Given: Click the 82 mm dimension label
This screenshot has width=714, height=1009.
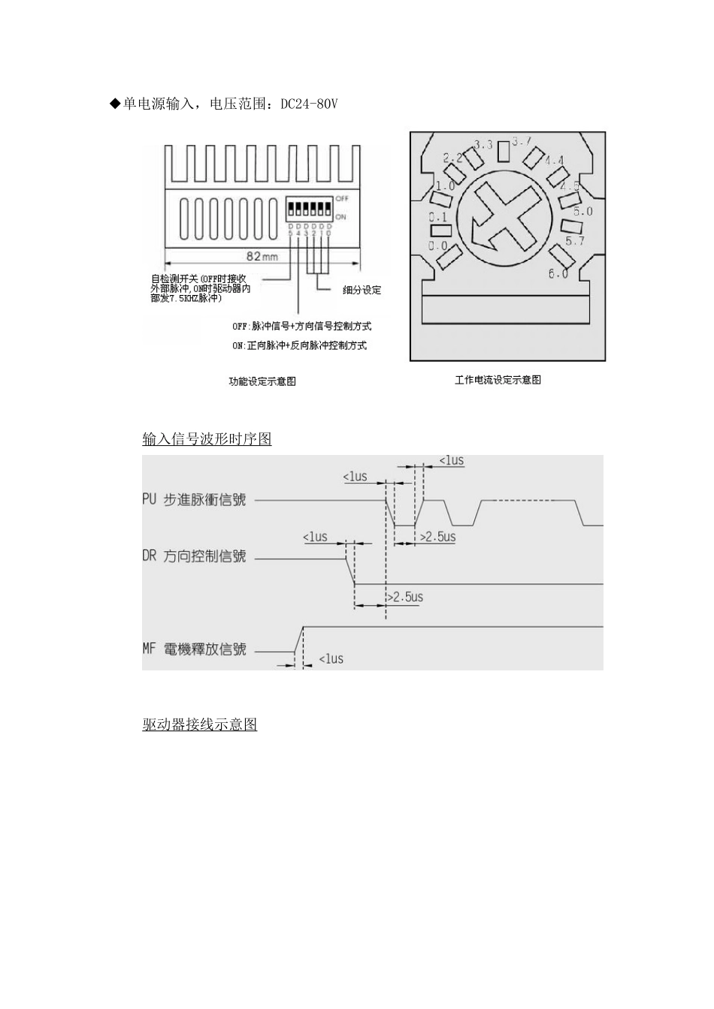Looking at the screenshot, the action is pos(262,256).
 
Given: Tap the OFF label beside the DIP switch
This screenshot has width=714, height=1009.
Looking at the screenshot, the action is pos(342,198).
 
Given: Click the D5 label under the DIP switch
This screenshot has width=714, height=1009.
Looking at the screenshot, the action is pos(290,230).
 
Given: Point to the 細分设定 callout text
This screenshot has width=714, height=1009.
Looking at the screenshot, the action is pos(362,290).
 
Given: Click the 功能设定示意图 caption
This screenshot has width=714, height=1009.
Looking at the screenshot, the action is pos(262,381).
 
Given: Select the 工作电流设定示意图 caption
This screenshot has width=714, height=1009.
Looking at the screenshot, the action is pos(498,380).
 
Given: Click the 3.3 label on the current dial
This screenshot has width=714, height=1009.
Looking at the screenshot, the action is pos(484,144).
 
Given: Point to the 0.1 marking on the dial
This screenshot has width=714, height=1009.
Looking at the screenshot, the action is pos(437,218).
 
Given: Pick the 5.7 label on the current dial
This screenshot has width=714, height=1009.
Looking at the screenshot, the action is pos(574,241).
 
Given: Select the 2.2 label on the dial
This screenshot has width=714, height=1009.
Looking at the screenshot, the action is pos(452,158).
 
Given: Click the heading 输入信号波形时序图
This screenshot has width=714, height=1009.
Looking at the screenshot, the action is pos(207,439).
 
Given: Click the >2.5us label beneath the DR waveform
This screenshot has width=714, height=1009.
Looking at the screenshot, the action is pos(405,598).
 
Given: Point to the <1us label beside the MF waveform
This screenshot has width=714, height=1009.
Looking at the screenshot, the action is pos(331,659).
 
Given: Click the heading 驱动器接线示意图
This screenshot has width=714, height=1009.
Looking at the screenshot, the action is pos(200,724).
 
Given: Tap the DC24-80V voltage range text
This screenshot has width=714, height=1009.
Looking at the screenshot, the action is pos(309,104).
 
